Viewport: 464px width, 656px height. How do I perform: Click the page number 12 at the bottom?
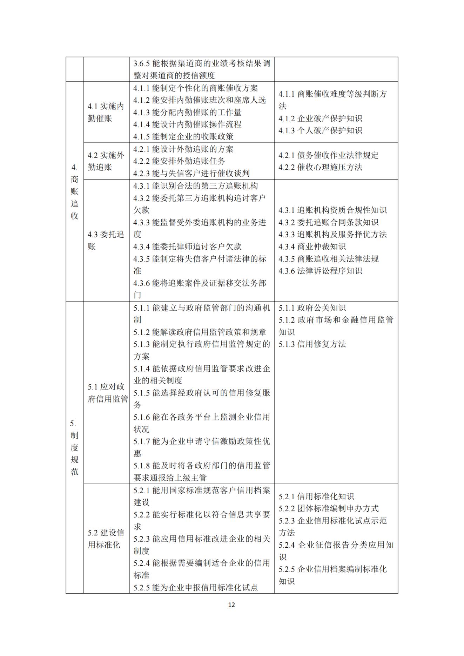[231, 604]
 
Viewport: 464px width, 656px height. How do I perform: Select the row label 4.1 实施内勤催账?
[106, 112]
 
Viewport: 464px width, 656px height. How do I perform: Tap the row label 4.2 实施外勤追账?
[106, 161]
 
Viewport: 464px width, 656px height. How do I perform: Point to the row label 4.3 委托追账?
[106, 240]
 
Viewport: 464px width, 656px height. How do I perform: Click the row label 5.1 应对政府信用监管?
[107, 393]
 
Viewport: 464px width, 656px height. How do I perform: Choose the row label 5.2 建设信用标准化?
[106, 539]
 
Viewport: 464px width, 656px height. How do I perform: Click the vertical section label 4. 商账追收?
[74, 191]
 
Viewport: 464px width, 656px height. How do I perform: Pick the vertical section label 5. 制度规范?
[74, 447]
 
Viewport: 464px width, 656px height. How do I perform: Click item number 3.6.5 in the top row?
[142, 63]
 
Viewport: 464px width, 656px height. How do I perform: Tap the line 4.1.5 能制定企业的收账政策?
[183, 136]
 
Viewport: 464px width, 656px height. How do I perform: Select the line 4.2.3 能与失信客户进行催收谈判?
[191, 173]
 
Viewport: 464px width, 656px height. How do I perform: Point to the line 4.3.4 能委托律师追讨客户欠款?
[187, 246]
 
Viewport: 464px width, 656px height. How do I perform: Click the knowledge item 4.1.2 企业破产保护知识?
[320, 119]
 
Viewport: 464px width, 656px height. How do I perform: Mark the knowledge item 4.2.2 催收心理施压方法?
[320, 167]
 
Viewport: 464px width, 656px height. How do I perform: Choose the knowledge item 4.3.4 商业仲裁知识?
[312, 246]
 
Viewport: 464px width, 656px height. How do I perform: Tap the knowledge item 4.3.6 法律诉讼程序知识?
[320, 271]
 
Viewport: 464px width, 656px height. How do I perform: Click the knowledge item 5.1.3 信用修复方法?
[312, 344]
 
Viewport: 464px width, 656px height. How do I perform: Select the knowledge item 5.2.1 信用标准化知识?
[316, 496]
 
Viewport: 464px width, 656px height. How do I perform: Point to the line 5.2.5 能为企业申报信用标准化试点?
[195, 587]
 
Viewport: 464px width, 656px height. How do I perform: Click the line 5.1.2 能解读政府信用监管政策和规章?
[200, 332]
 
